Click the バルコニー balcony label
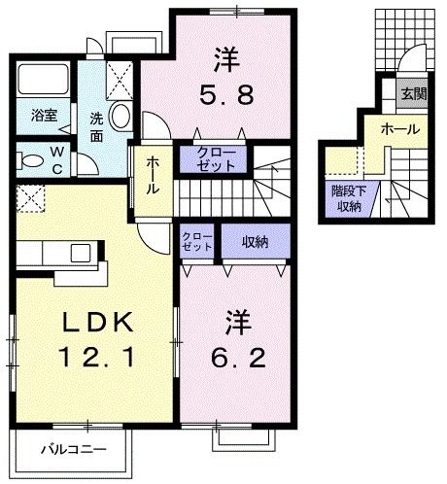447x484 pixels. [74, 449]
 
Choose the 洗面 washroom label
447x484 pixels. [98, 125]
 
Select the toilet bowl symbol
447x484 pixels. [30, 160]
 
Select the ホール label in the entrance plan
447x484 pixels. [399, 128]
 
